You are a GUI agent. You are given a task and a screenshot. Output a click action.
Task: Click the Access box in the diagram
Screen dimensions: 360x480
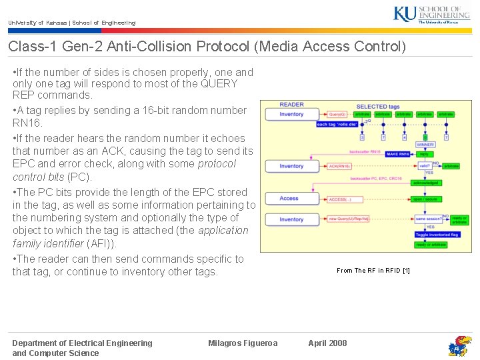(x=290, y=198)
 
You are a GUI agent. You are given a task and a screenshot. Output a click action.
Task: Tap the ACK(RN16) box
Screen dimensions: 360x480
(x=339, y=166)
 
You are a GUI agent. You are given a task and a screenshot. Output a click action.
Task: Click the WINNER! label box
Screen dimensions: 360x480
(x=425, y=145)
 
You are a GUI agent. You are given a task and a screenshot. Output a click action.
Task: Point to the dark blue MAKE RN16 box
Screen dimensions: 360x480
(x=398, y=154)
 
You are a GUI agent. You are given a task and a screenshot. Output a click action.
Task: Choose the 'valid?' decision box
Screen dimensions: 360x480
(x=424, y=166)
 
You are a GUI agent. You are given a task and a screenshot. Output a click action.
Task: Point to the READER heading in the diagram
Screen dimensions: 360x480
(x=291, y=105)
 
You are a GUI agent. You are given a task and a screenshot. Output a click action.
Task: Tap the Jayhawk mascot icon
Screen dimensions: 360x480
(x=459, y=345)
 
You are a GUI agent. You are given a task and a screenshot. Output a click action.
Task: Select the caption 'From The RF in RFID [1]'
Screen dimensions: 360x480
(x=373, y=270)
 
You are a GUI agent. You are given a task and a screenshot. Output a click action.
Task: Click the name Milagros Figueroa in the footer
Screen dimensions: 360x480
(x=243, y=343)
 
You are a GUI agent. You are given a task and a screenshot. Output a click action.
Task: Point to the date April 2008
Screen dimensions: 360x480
(x=327, y=343)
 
